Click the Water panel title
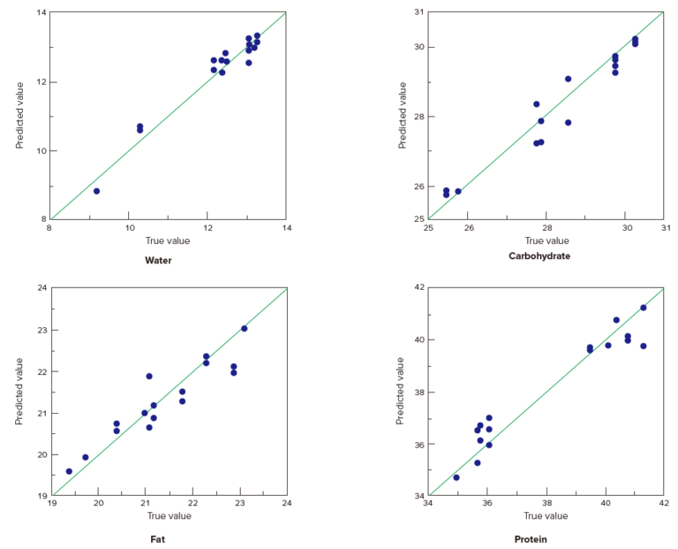click(x=159, y=261)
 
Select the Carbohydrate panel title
click(x=539, y=256)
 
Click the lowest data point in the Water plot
click(x=96, y=191)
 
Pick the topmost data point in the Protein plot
click(x=643, y=308)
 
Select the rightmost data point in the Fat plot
click(x=244, y=329)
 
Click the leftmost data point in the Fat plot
click(x=69, y=471)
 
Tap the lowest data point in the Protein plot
click(x=456, y=477)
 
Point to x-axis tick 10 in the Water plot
click(x=128, y=228)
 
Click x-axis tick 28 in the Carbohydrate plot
click(x=546, y=227)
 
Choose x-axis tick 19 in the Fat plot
click(x=51, y=504)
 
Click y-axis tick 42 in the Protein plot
click(x=419, y=288)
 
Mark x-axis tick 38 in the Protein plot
click(x=546, y=504)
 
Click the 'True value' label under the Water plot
click(x=168, y=240)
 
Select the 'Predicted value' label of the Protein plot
click(x=403, y=391)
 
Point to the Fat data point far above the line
click(x=149, y=377)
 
